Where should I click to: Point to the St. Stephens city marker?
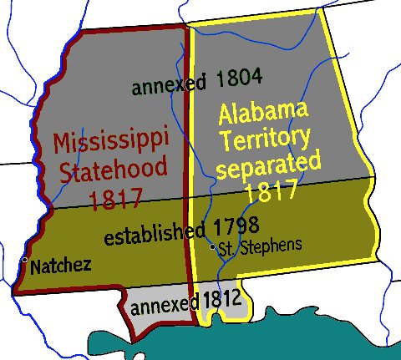214,246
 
